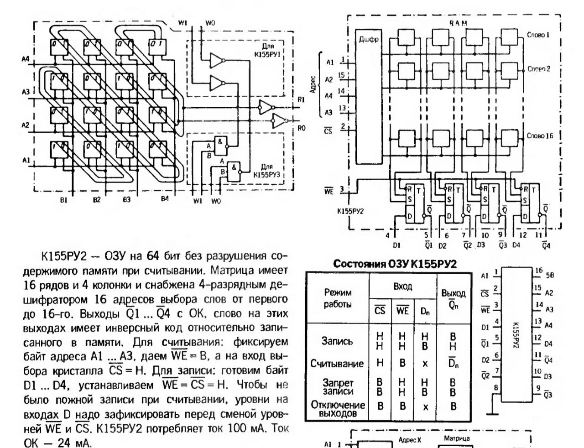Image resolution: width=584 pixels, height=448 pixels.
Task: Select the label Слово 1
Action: [x=538, y=35]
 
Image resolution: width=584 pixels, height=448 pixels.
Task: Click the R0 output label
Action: [x=301, y=129]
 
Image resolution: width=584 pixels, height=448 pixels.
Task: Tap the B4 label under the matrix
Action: [x=164, y=199]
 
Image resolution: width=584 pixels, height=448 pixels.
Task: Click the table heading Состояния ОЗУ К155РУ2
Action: [x=395, y=264]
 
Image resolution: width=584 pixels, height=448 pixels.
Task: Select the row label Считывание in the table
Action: [x=337, y=363]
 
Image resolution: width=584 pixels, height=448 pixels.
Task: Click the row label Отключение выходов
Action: [x=338, y=409]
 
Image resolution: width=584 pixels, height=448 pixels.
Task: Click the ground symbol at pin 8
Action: [x=492, y=413]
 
